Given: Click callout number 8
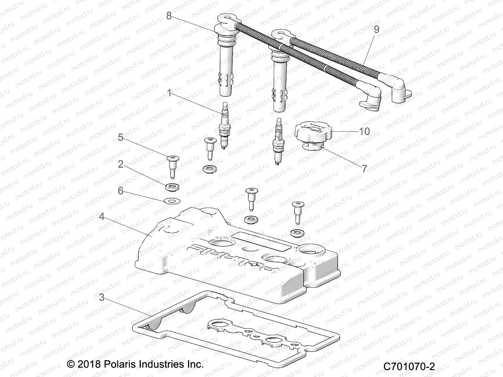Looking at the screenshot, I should (169, 15).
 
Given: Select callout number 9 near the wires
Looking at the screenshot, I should (376, 30).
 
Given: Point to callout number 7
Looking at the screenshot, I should (364, 168).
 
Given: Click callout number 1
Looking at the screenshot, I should (169, 93).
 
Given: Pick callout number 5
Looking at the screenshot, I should (120, 137).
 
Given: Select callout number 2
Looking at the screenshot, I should (120, 164).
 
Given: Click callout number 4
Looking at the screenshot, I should (101, 216).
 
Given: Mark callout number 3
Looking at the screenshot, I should (101, 297).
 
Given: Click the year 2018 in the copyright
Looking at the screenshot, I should (89, 364).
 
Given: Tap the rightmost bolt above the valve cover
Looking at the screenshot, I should (297, 212).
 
